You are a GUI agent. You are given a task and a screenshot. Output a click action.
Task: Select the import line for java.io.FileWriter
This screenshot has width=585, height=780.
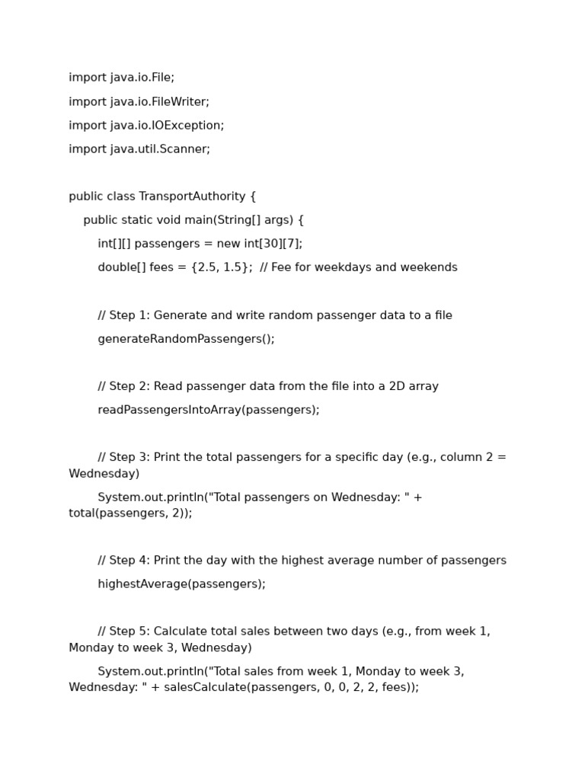[x=139, y=102]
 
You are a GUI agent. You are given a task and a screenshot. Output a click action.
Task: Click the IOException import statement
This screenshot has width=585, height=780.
[x=146, y=126]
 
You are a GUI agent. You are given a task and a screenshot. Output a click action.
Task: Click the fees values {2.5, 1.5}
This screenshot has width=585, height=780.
[x=222, y=267]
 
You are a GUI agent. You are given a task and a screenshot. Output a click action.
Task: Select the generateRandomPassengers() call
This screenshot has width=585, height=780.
[x=186, y=339]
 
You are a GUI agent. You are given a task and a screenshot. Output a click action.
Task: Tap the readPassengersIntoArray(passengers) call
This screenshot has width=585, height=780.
[x=208, y=410]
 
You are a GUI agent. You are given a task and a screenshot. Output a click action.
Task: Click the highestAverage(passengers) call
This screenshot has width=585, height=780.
[x=181, y=584]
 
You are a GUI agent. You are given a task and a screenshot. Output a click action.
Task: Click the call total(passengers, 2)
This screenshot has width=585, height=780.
[x=129, y=513]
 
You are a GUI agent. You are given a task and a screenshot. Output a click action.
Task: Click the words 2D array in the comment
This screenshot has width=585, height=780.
[x=414, y=386]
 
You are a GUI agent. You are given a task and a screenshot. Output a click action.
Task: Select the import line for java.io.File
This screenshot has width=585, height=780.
[x=121, y=78]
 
